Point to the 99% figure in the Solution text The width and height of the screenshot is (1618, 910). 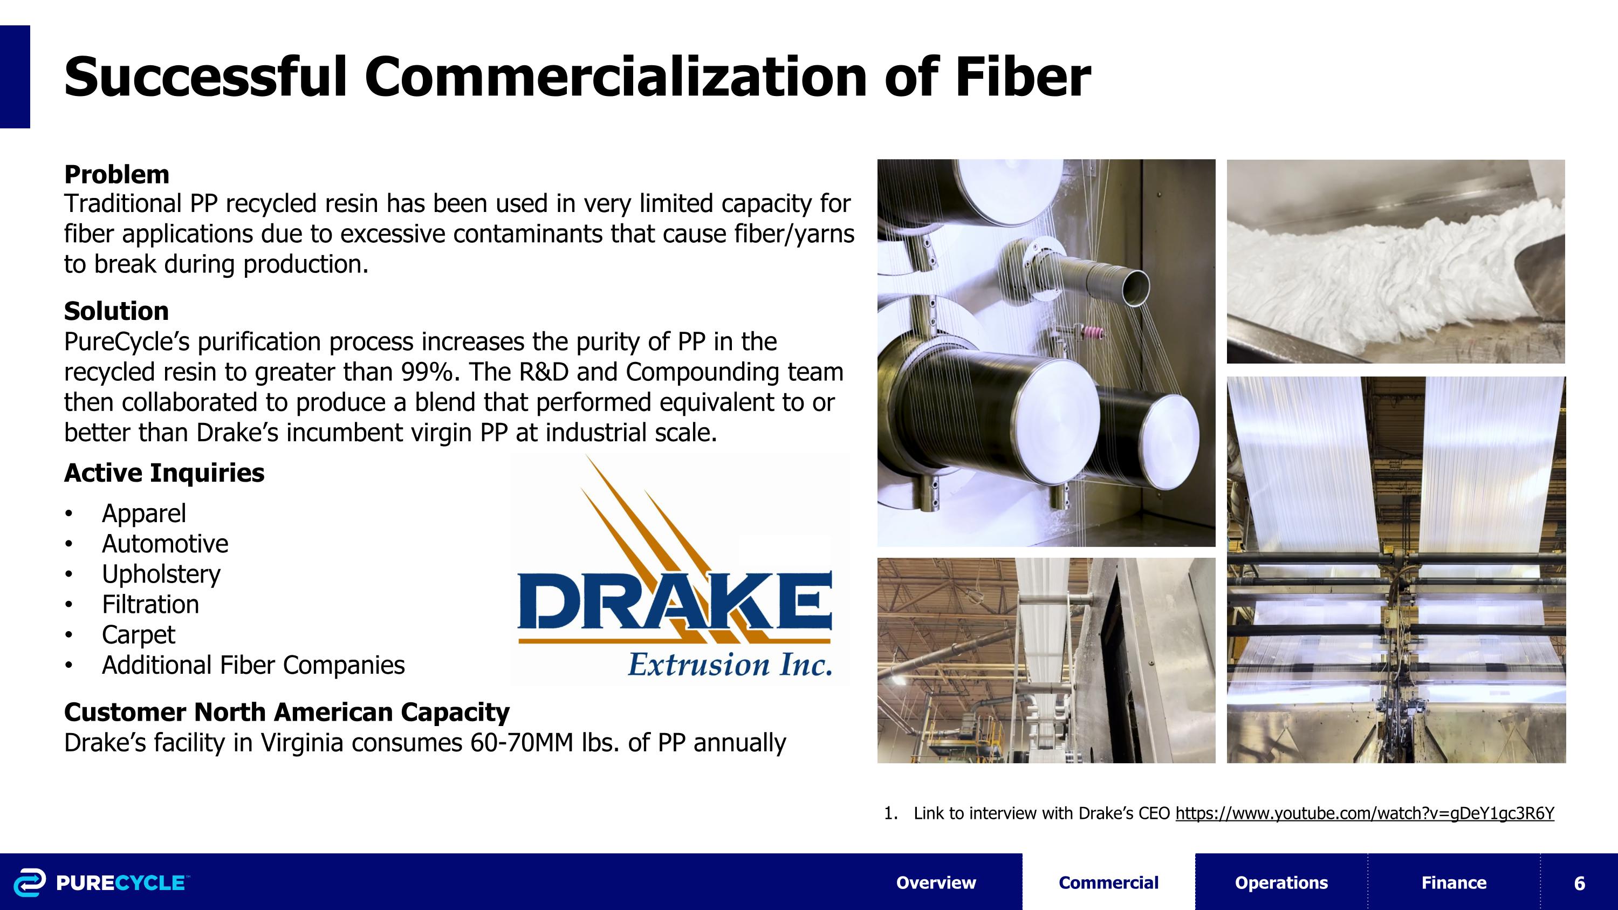tap(426, 372)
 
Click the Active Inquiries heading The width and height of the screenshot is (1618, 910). tap(164, 473)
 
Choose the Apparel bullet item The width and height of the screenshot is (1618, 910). tap(144, 513)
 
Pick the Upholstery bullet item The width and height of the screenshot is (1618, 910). tap(161, 574)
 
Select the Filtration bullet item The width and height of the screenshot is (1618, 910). tap(151, 604)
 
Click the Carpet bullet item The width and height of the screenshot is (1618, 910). tap(138, 635)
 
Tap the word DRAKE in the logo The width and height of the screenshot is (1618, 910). tap(674, 601)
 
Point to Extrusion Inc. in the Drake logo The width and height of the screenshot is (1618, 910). tap(730, 664)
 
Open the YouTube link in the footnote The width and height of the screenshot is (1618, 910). tap(1365, 813)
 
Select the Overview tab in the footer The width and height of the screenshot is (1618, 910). tap(936, 882)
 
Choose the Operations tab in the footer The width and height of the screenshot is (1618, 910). tap(1281, 882)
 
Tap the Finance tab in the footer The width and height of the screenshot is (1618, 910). tap(1454, 882)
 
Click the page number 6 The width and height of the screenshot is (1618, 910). tap(1580, 883)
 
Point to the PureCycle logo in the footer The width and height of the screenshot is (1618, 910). tap(100, 882)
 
